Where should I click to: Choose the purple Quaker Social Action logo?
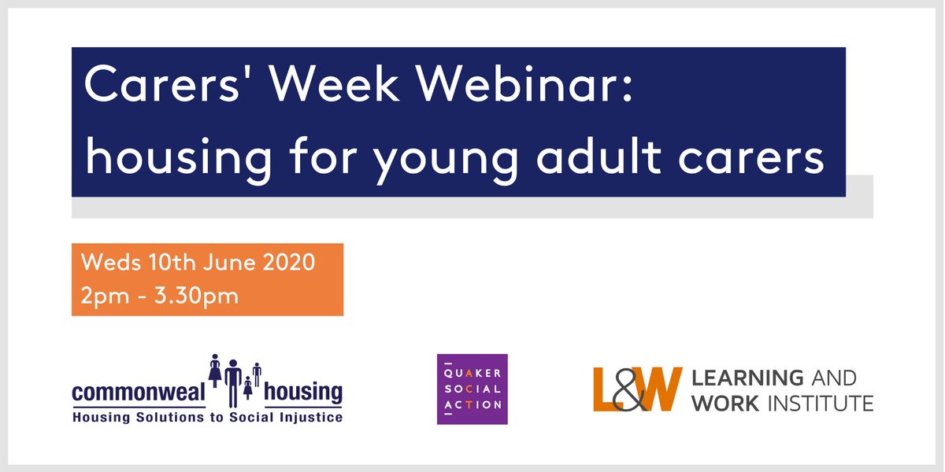472,389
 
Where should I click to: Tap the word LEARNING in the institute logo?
747,378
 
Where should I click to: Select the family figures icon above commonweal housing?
234,378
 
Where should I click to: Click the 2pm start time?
98,297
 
